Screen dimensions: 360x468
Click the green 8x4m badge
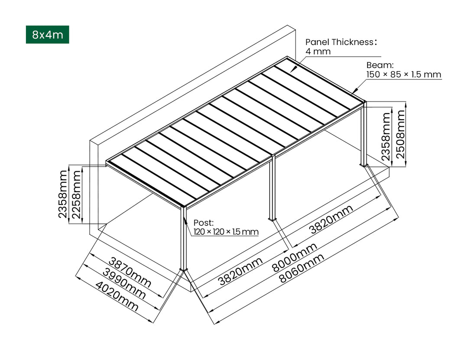pos(47,35)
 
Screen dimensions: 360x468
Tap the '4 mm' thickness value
pos(318,52)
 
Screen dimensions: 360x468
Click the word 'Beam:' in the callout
pos(380,65)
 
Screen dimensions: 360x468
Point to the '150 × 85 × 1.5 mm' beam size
pos(403,75)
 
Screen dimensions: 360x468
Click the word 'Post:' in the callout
pos(203,223)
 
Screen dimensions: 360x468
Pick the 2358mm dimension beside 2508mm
pos(386,136)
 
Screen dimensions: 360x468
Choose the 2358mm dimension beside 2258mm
pos(63,194)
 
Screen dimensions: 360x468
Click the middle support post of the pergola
pos(272,186)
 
